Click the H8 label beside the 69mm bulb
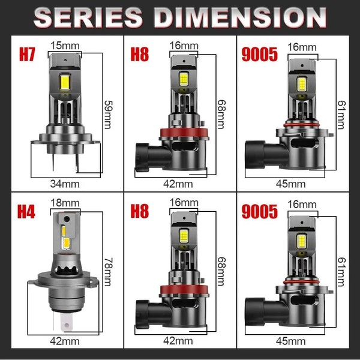pos(140,55)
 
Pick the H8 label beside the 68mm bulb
pos(140,212)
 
